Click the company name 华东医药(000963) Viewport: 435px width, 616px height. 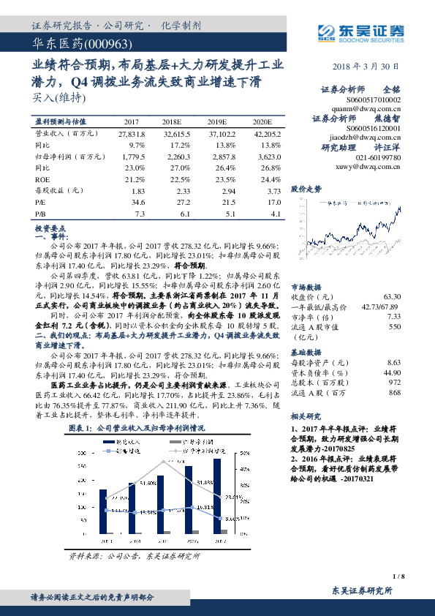click(76, 45)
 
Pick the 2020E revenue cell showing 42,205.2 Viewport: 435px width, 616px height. click(266, 134)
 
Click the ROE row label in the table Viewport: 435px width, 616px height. click(43, 179)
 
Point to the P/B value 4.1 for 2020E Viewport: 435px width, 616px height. click(275, 214)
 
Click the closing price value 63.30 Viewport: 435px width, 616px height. click(392, 297)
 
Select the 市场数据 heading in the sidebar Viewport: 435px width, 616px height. click(306, 287)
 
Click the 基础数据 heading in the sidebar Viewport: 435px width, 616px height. click(306, 352)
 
